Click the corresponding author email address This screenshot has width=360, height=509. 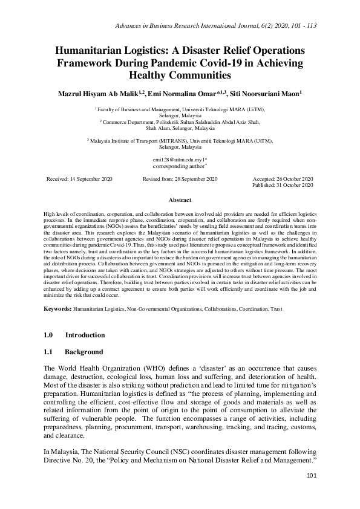[x=180, y=158]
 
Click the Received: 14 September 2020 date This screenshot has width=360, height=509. [x=79, y=180]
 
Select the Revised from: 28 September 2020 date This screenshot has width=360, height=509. [x=180, y=180]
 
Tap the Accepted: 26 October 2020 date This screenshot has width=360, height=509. [x=283, y=180]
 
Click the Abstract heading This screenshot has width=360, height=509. [x=180, y=200]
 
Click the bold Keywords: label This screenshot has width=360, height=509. [x=57, y=309]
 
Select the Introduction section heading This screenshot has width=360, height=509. [x=85, y=335]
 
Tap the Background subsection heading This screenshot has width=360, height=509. [x=84, y=352]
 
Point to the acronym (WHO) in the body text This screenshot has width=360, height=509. [x=136, y=368]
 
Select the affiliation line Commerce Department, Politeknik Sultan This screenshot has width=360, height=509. [x=179, y=122]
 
